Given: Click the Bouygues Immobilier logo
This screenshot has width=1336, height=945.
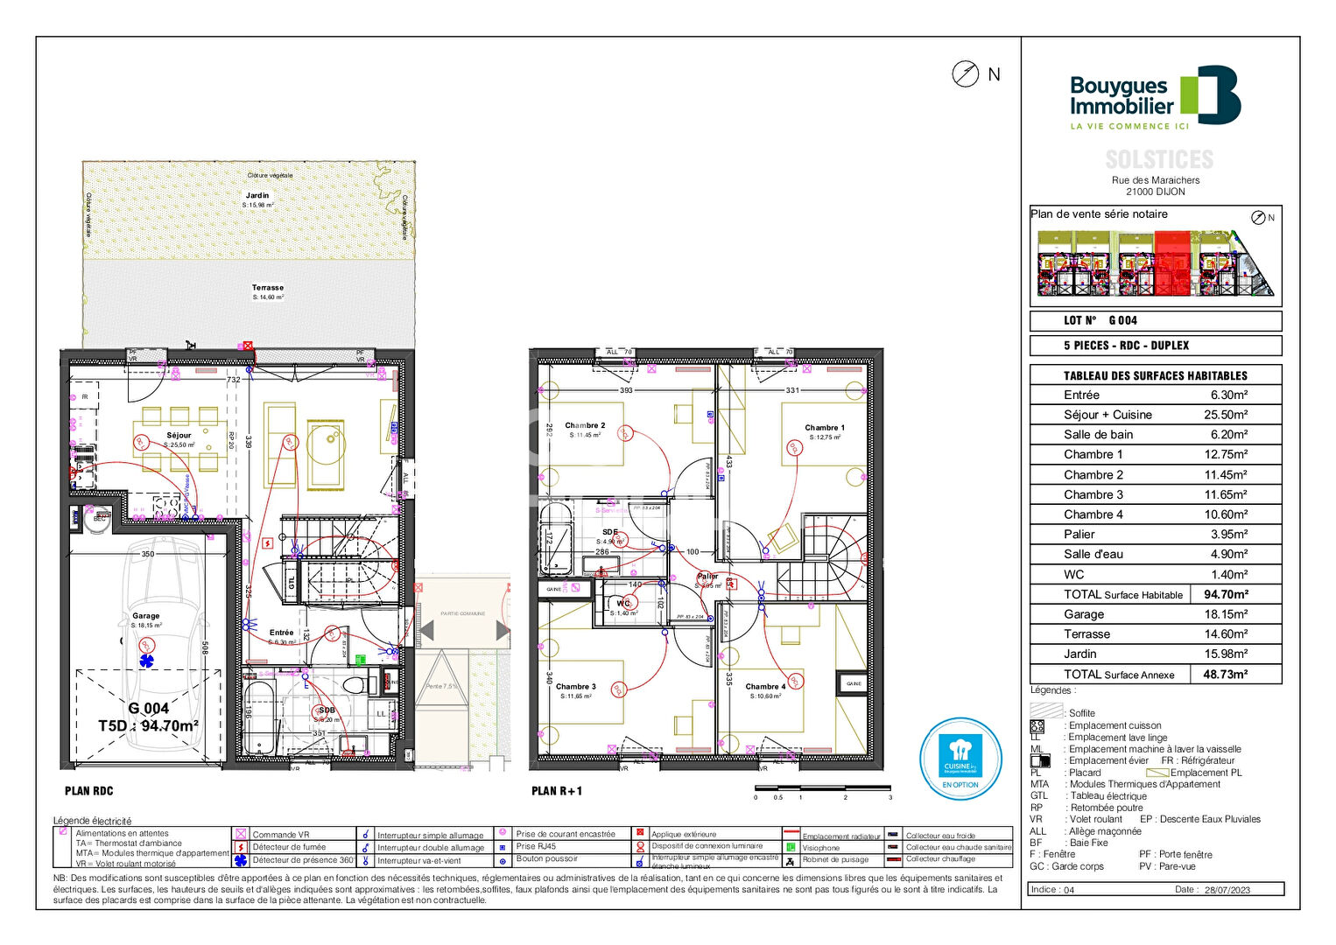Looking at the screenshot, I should click(x=1154, y=96).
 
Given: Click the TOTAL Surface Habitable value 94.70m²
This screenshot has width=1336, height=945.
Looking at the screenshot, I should click(x=1226, y=594).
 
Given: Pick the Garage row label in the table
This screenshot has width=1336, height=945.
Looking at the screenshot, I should click(x=1084, y=614).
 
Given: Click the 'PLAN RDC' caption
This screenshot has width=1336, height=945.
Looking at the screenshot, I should click(x=88, y=791).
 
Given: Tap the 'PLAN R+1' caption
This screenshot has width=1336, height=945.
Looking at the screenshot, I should click(x=557, y=791).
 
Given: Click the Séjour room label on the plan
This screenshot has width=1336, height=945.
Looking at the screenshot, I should click(x=179, y=435).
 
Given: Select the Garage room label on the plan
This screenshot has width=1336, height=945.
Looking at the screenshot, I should click(x=146, y=616).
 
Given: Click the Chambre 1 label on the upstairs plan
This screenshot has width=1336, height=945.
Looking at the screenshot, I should click(x=825, y=428).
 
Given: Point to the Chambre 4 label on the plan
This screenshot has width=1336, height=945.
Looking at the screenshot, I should click(x=765, y=687).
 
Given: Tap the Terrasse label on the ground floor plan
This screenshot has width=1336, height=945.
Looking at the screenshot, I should click(x=268, y=288).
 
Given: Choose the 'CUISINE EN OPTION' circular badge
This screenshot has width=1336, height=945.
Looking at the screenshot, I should click(x=960, y=759).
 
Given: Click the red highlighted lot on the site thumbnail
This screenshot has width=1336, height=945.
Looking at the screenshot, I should click(x=1172, y=262).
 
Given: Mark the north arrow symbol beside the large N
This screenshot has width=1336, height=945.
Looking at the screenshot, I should click(x=965, y=74).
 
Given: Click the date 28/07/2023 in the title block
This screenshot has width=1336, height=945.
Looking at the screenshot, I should click(x=1227, y=890).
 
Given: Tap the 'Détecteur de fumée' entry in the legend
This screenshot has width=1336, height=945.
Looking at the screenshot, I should click(x=289, y=847).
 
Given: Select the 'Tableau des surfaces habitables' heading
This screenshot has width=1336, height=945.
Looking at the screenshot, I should click(x=1155, y=375).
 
